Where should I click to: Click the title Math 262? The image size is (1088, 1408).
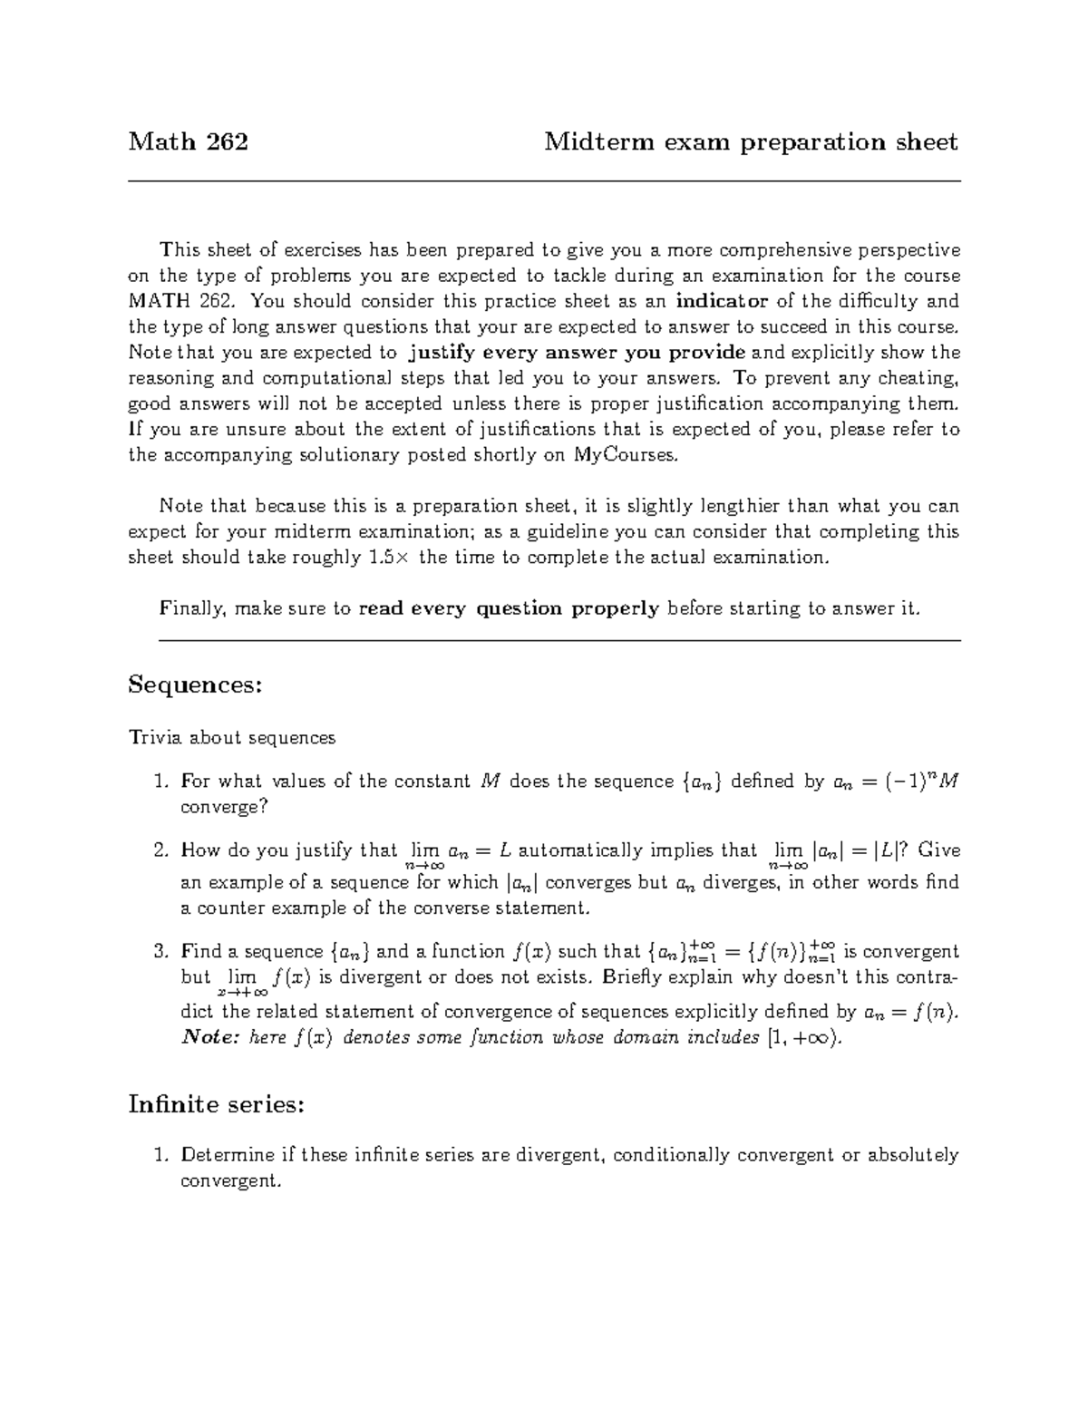point(188,142)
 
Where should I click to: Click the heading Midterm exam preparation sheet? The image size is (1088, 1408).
point(750,142)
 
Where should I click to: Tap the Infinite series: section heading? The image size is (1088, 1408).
point(216,1104)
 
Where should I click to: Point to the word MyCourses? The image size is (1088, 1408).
point(625,455)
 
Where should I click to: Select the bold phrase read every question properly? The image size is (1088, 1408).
point(509,608)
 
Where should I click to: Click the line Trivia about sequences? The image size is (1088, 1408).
point(232,738)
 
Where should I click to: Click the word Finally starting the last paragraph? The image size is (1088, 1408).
point(192,608)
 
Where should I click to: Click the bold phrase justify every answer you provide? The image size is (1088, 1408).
point(578,353)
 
